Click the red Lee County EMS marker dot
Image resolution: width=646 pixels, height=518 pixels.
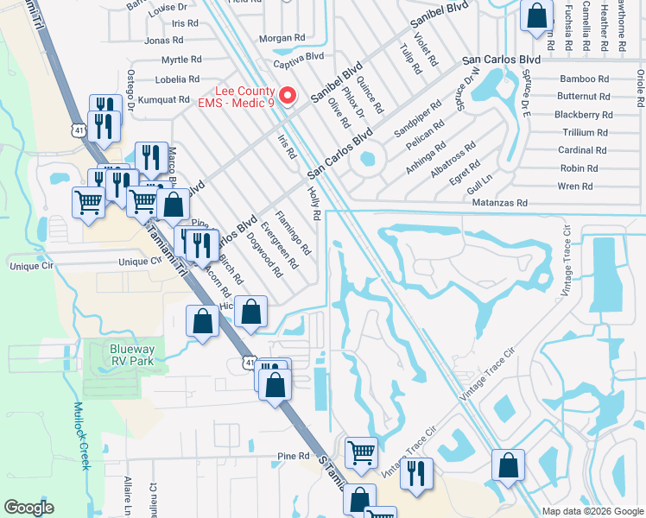click(290, 95)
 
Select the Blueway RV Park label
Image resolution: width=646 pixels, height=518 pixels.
click(132, 355)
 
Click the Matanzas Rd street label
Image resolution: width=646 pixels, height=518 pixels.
click(499, 204)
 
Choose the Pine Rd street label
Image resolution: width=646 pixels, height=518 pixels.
click(294, 456)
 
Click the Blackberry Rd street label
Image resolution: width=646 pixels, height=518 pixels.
click(583, 114)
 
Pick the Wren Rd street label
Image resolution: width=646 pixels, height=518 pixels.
click(575, 186)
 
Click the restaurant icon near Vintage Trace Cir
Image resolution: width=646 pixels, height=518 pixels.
click(417, 473)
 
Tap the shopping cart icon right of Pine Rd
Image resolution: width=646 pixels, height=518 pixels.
click(361, 452)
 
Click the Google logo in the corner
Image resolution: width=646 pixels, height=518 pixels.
click(28, 508)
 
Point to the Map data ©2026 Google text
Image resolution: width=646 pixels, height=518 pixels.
click(592, 511)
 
